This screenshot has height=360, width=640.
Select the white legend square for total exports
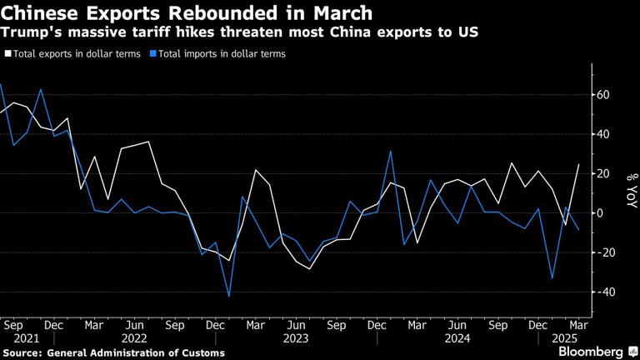point(7,53)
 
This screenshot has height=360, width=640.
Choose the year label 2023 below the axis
point(296,338)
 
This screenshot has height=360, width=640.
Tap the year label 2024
point(457,338)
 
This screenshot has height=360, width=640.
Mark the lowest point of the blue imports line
point(228,296)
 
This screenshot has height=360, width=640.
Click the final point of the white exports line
point(578,164)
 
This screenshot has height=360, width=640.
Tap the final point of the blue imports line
point(578,230)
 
